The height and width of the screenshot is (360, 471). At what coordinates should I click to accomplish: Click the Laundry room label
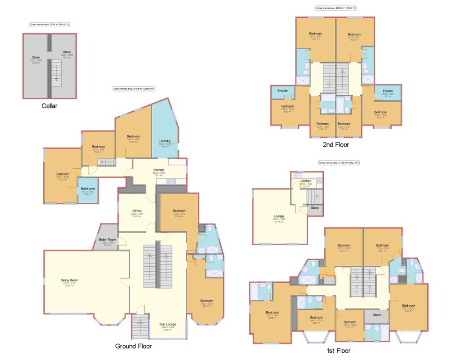(165, 141)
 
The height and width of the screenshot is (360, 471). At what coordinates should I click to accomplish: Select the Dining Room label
(69, 280)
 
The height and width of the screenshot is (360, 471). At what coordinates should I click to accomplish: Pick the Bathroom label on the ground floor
(87, 188)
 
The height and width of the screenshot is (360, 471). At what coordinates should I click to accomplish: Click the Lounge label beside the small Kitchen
(279, 216)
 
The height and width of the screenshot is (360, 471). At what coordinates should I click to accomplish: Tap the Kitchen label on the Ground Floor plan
(159, 170)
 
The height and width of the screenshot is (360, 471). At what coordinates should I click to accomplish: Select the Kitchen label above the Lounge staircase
(306, 181)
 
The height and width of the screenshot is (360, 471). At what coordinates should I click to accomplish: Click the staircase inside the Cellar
(56, 74)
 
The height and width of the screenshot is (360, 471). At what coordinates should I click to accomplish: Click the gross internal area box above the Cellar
(50, 24)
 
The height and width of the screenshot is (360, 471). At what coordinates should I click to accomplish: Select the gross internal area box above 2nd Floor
(336, 8)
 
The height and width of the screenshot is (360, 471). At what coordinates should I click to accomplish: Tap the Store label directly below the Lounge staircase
(315, 208)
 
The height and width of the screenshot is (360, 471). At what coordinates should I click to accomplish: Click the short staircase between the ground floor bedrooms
(107, 162)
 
